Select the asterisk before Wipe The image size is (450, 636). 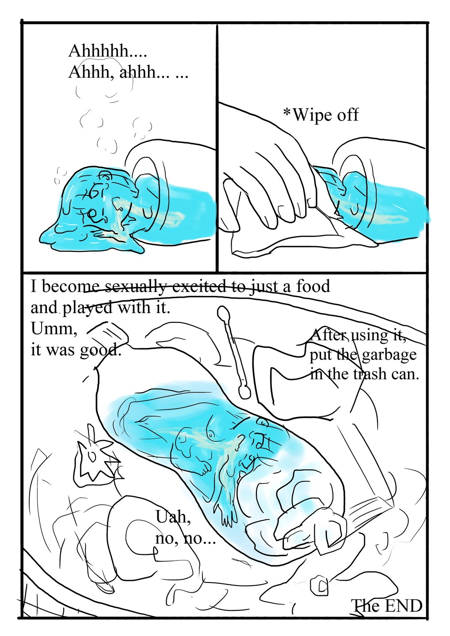pos(287,114)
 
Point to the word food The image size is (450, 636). pos(313,286)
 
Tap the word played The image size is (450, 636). pos(88,308)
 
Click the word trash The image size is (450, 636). pos(370,374)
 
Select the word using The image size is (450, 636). pos(370,336)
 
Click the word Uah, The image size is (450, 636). pos(173,517)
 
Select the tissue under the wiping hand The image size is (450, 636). pos(283,238)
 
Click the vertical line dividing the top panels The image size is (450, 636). pos(217,146)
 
